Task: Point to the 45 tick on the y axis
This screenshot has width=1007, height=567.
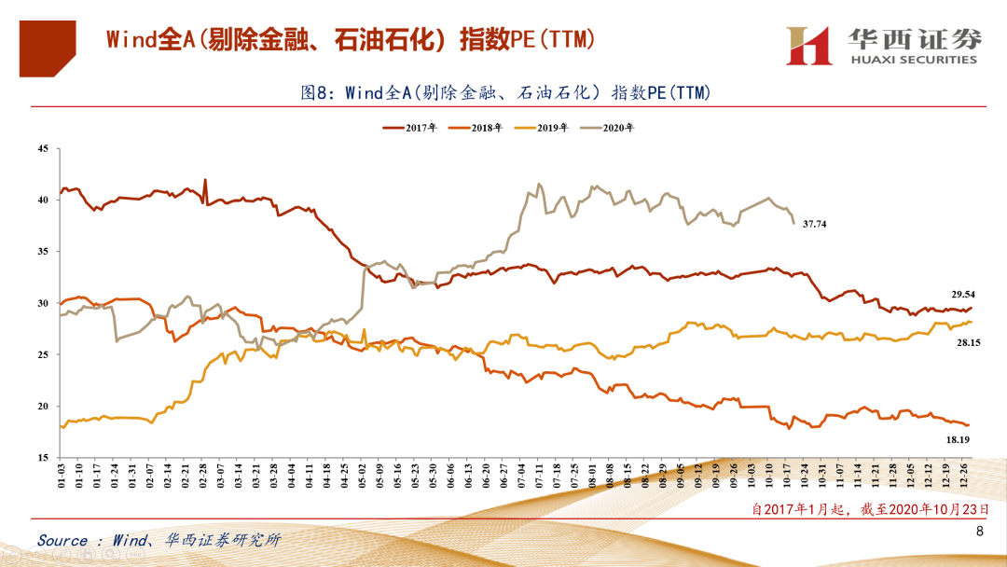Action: click(42, 148)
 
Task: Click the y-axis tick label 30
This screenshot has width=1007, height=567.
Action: click(42, 303)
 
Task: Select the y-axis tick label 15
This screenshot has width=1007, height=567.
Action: click(42, 458)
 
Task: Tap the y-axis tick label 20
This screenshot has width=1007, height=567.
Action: click(42, 407)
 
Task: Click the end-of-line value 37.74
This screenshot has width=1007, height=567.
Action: click(815, 224)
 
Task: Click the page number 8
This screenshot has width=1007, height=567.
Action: click(979, 532)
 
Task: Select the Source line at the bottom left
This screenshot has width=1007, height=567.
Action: click(159, 540)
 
